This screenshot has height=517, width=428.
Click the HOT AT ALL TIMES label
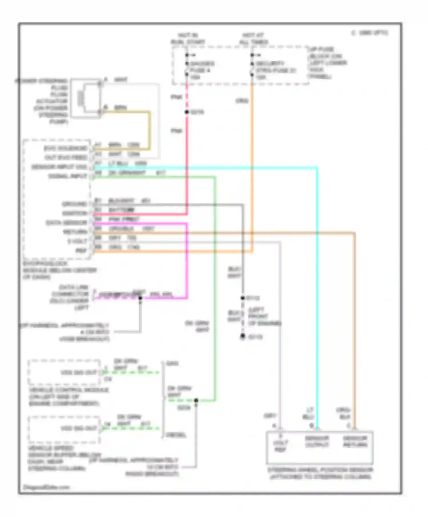point(253,38)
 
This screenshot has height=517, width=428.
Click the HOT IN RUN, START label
point(188,38)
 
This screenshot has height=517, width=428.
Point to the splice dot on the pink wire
point(187,112)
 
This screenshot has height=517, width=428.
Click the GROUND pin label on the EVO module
point(74,204)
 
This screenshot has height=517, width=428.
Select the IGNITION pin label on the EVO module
point(74,213)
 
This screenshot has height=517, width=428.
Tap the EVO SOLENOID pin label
point(66,148)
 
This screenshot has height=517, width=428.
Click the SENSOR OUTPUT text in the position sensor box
point(317,441)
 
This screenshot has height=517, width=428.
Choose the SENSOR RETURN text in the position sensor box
point(355,441)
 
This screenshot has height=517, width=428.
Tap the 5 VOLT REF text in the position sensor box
point(280,443)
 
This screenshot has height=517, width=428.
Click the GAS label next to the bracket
point(172,364)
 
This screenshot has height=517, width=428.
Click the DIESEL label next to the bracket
point(176,435)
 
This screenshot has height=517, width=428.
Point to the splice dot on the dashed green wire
point(196,400)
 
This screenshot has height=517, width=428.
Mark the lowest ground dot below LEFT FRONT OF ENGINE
point(243,336)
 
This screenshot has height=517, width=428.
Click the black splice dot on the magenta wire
point(140,298)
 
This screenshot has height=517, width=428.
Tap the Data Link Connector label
point(70,297)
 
